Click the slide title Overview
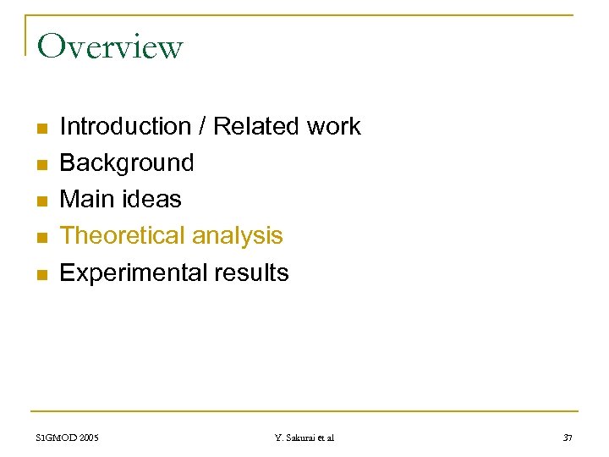click(x=110, y=47)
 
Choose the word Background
click(x=127, y=162)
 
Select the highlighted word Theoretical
click(x=123, y=236)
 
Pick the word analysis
click(x=238, y=236)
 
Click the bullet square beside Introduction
click(x=40, y=129)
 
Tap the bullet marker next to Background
click(x=40, y=165)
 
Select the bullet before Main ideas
click(x=40, y=201)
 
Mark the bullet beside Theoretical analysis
click(x=40, y=238)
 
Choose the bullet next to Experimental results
click(x=40, y=275)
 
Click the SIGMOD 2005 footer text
click(x=68, y=438)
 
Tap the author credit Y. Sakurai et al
click(x=304, y=438)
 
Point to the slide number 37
click(x=567, y=438)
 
